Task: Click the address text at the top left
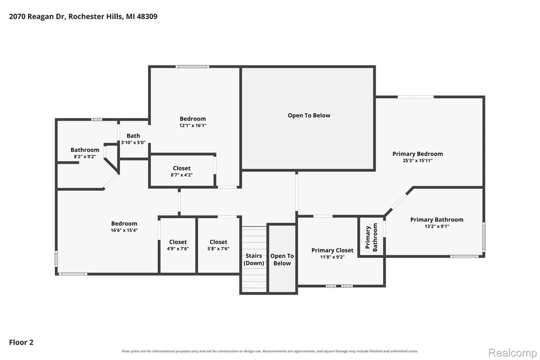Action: tap(83, 16)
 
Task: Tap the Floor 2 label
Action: tap(21, 342)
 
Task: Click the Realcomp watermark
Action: tap(513, 353)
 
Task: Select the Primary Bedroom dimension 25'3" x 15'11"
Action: tap(418, 161)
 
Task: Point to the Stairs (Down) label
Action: tap(254, 259)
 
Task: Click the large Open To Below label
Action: tap(309, 115)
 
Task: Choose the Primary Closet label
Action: tap(332, 250)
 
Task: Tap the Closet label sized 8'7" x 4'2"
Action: tap(181, 168)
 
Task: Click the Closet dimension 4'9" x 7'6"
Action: tap(178, 249)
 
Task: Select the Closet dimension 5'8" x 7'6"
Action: tap(218, 249)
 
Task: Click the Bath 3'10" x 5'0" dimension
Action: tap(133, 143)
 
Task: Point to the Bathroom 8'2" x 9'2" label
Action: tap(85, 150)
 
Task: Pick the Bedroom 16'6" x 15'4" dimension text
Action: tap(124, 230)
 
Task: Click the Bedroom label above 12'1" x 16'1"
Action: tap(193, 119)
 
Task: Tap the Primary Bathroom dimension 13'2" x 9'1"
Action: tap(437, 226)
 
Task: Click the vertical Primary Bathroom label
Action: tap(371, 237)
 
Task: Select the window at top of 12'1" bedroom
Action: tap(192, 66)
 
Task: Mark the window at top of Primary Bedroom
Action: tap(416, 97)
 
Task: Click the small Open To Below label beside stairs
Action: tap(282, 259)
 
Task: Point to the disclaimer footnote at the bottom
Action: tap(270, 351)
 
